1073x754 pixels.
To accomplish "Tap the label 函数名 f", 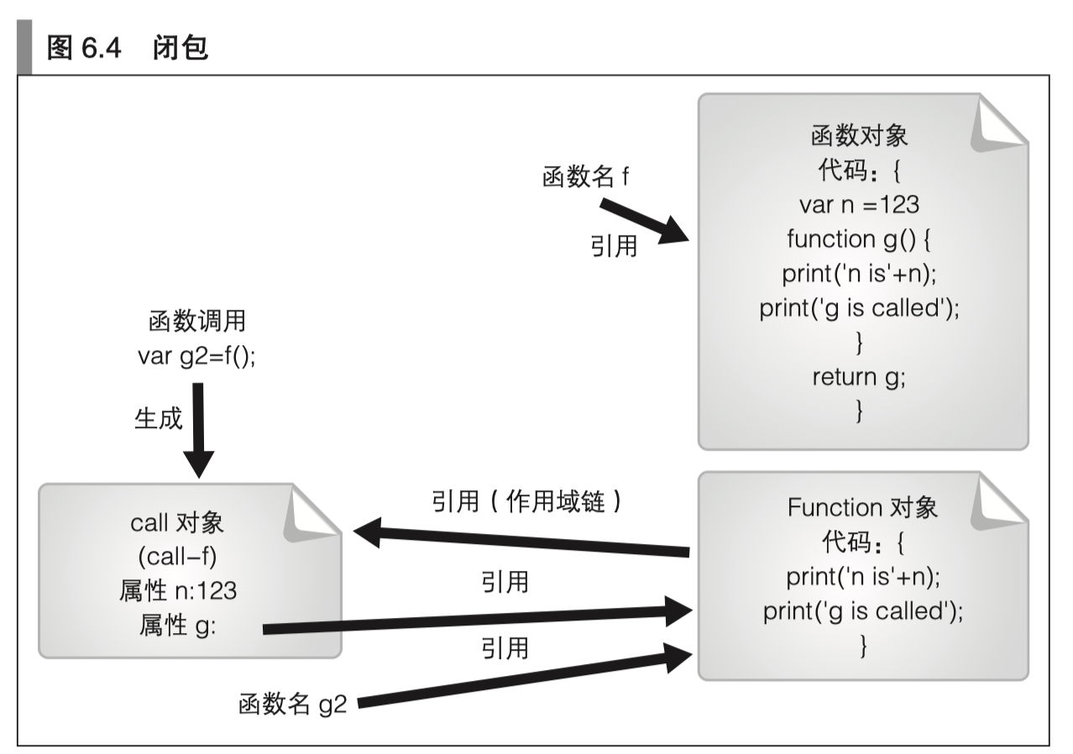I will pyautogui.click(x=587, y=178).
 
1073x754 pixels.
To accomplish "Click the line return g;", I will pyautogui.click(x=859, y=376).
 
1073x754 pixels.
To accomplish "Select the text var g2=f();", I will pyautogui.click(x=196, y=355).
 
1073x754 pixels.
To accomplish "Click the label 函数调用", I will pyautogui.click(x=196, y=322).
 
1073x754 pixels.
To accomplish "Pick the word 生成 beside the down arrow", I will pyautogui.click(x=158, y=418).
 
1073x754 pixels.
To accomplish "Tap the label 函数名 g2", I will pyautogui.click(x=292, y=704).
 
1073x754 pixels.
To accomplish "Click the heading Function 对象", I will pyautogui.click(x=862, y=508).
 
